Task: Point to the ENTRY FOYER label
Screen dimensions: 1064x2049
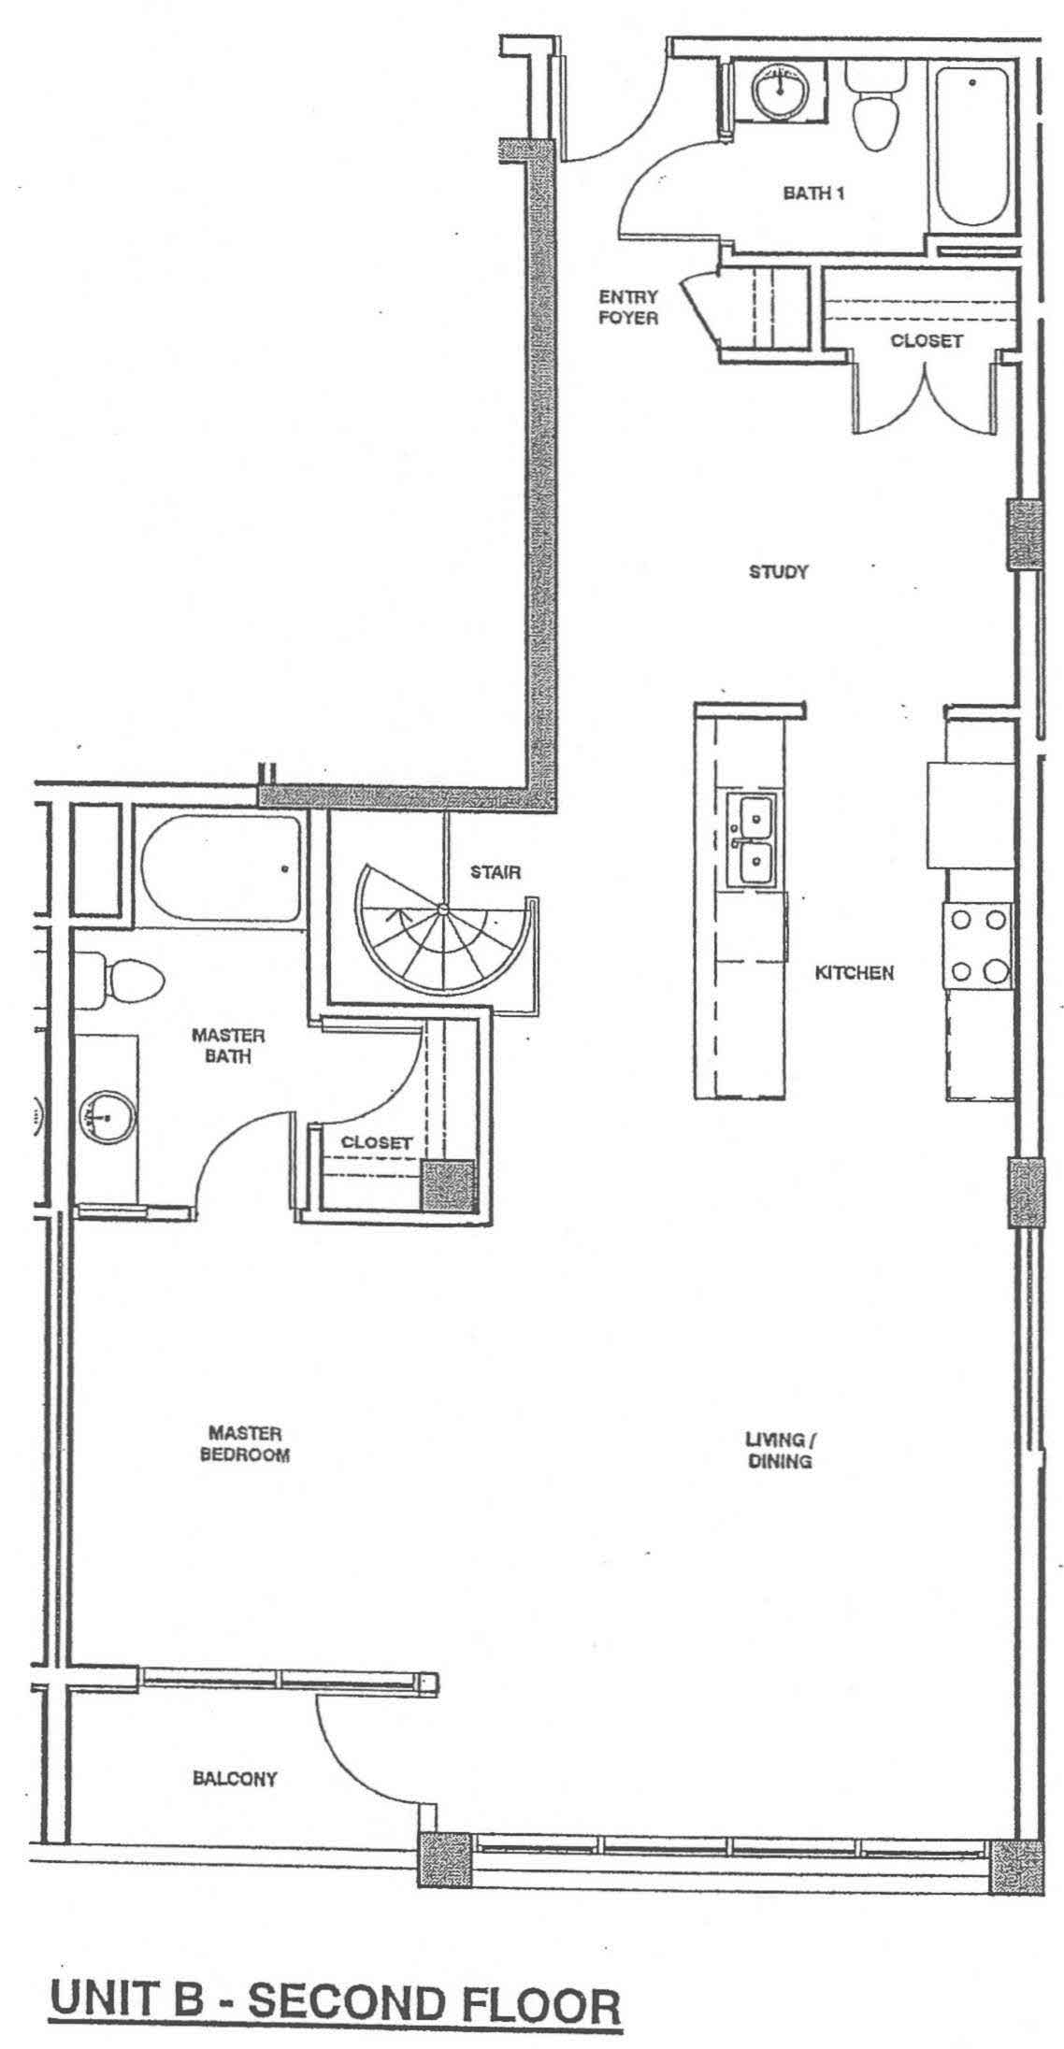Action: point(628,307)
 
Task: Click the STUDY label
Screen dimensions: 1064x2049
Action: point(778,571)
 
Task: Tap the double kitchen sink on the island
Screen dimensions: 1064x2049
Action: point(752,838)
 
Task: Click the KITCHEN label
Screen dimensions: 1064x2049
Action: point(855,973)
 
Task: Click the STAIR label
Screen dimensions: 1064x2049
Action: point(496,872)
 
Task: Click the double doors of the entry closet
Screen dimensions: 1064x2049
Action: point(924,404)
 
